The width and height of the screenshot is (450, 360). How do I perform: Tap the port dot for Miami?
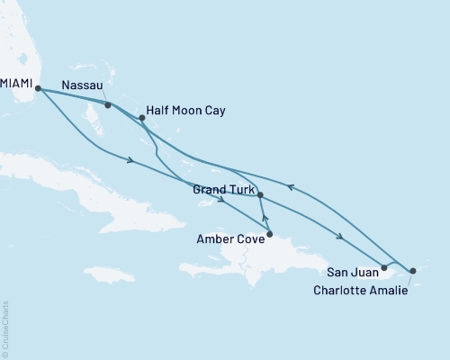click(x=38, y=87)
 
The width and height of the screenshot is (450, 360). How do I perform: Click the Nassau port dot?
click(x=108, y=105)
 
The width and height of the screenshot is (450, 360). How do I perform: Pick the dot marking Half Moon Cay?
click(x=141, y=117)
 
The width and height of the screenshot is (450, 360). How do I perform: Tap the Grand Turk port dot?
click(x=260, y=195)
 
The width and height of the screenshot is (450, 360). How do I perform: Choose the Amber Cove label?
click(x=229, y=240)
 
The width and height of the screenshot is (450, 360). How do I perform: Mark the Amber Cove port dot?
click(x=270, y=233)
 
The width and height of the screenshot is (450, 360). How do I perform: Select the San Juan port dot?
click(x=384, y=267)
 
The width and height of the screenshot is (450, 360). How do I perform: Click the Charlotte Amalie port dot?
click(x=413, y=270)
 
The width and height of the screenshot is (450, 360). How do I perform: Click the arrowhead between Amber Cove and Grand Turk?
click(x=265, y=216)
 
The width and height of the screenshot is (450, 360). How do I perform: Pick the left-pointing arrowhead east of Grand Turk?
click(x=290, y=187)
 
